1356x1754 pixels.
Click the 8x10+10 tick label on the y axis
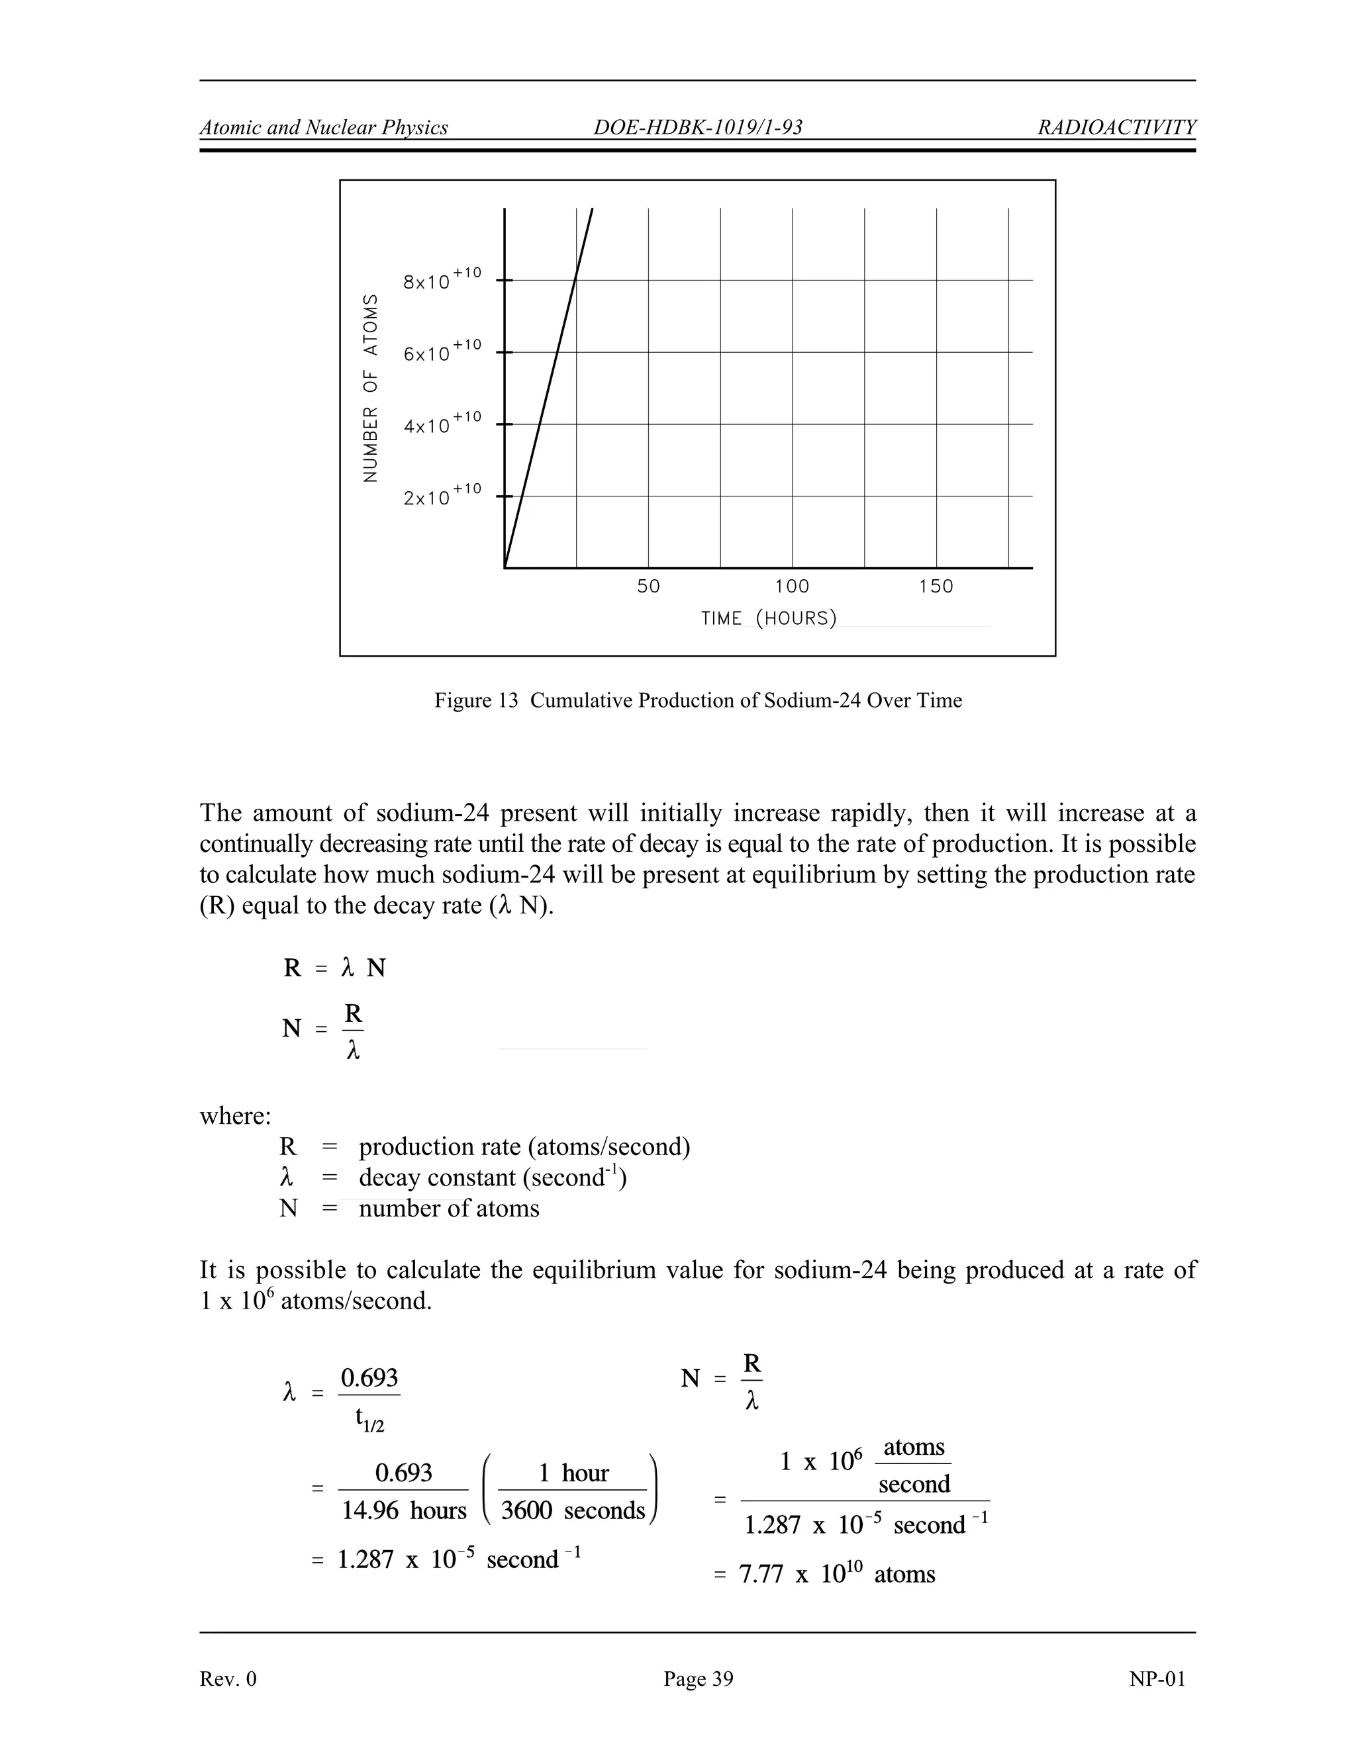click(x=441, y=279)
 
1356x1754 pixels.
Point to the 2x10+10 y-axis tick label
click(x=441, y=496)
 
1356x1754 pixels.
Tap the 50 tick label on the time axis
click(x=648, y=586)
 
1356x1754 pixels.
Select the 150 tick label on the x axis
click(x=936, y=586)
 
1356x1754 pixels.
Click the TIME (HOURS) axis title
click(x=769, y=618)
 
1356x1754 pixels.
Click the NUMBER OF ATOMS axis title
click(x=370, y=388)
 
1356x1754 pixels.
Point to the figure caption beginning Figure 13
click(x=697, y=700)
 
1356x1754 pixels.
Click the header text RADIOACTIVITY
click(x=1116, y=127)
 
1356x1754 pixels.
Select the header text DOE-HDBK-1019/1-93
click(x=697, y=127)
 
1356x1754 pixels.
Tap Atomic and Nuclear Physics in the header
click(x=324, y=127)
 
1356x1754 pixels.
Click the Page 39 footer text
click(x=697, y=1679)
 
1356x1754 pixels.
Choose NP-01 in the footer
click(x=1156, y=1679)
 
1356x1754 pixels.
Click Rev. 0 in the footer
click(x=228, y=1679)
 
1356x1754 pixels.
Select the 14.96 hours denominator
click(x=403, y=1510)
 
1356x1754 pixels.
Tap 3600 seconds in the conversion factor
click(x=573, y=1510)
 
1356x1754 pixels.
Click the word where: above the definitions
click(x=235, y=1115)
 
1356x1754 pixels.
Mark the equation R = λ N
click(x=334, y=968)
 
